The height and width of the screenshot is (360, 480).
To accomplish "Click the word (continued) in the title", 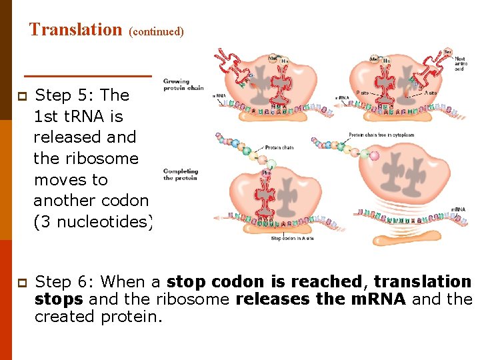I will pos(156,31).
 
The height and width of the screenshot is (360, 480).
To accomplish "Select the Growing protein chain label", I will pos(183,85).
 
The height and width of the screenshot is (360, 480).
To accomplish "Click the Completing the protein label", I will pos(181,175).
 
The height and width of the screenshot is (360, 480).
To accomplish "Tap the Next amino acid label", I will pos(460,63).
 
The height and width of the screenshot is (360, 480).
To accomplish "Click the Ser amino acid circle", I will pos(448,51).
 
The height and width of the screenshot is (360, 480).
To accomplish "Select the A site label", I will pos(432,93).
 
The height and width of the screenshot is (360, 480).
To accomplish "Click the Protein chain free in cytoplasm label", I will pos(381,135).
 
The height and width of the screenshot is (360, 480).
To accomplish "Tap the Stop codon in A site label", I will pos(293,238).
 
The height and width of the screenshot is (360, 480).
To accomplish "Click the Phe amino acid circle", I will pos(265,172).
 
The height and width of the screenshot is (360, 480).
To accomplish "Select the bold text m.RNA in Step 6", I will pos(374,299).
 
